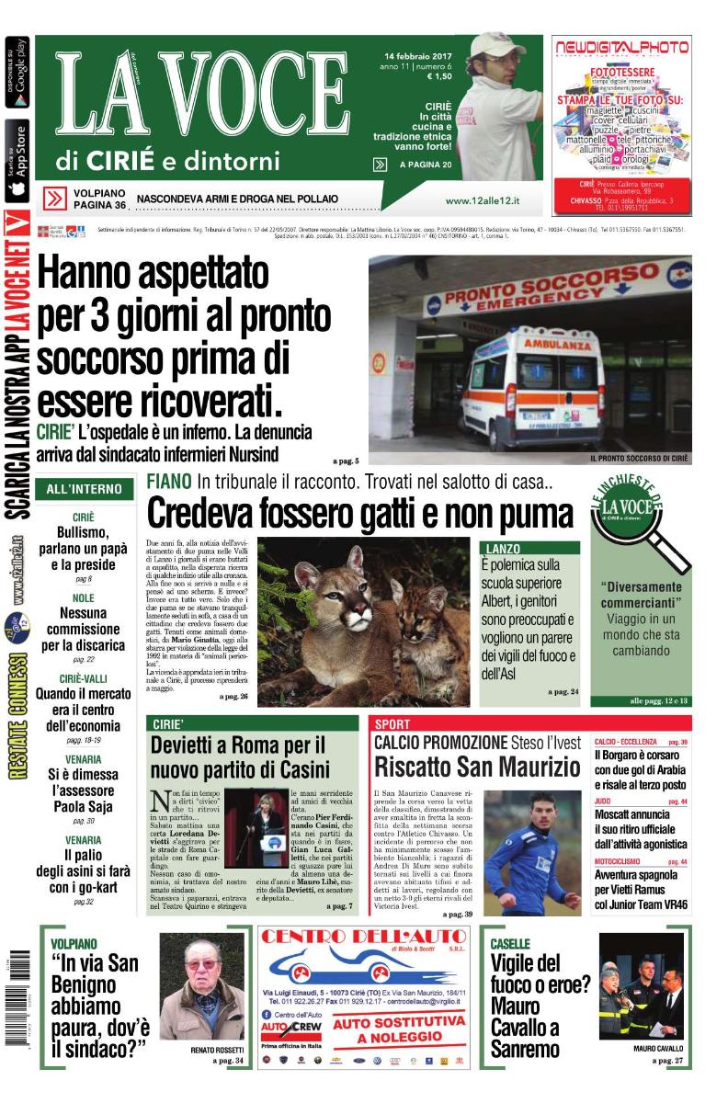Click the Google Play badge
[x=17, y=72]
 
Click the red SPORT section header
[x=392, y=724]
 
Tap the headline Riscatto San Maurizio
[x=472, y=767]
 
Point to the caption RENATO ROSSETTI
[x=217, y=1050]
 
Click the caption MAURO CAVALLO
[x=657, y=1050]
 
